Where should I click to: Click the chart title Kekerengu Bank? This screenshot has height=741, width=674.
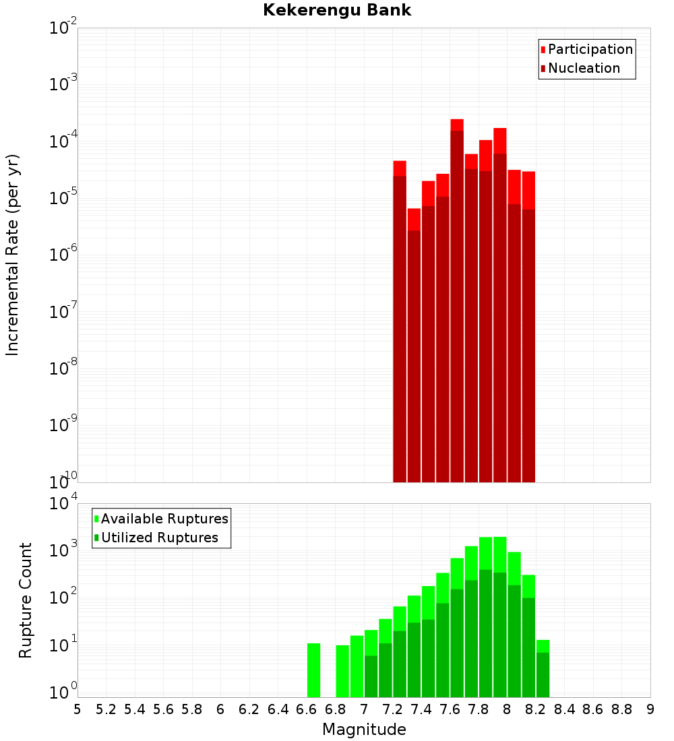[337, 10]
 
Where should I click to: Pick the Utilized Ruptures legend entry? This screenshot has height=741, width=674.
[159, 538]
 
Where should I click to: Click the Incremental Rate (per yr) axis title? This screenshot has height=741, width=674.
[13, 255]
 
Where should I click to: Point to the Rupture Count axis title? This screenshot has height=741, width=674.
[26, 600]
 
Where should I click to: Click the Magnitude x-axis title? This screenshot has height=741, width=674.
[364, 730]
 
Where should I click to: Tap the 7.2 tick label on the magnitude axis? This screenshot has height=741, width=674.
[392, 709]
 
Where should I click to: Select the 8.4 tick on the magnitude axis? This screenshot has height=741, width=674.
[565, 709]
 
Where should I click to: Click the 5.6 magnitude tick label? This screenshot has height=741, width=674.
[163, 709]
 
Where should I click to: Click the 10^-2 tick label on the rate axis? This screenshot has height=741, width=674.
[63, 29]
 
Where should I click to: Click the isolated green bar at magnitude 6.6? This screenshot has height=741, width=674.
[313, 670]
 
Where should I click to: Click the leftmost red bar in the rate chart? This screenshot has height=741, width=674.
[400, 323]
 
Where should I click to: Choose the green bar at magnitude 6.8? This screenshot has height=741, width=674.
[342, 671]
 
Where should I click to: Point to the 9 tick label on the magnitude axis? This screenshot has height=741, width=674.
[650, 709]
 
